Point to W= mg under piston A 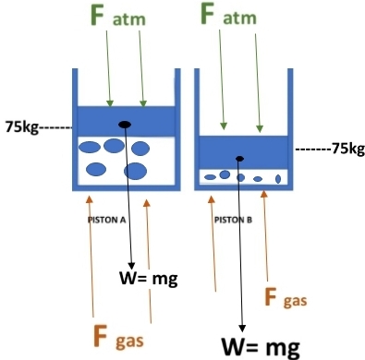pyautogui.click(x=148, y=277)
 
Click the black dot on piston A pyautogui.click(x=126, y=125)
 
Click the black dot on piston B pyautogui.click(x=240, y=159)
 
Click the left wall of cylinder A pyautogui.click(x=74, y=129)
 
